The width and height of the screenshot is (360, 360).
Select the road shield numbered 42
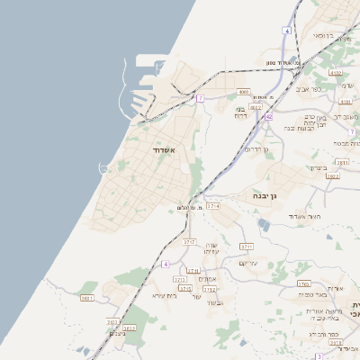pyautogui.click(x=268, y=116)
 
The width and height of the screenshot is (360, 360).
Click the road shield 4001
pyautogui.click(x=244, y=92)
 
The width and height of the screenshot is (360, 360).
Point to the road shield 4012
pyautogui.click(x=256, y=106)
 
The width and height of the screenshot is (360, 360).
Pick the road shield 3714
pyautogui.click(x=213, y=206)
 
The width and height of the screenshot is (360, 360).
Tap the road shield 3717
pyautogui.click(x=189, y=242)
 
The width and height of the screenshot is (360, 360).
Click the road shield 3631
pyautogui.click(x=87, y=298)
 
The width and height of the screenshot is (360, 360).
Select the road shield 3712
pyautogui.click(x=210, y=290)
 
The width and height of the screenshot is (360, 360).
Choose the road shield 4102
pyautogui.click(x=336, y=73)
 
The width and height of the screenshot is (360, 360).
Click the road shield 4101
pyautogui.click(x=346, y=102)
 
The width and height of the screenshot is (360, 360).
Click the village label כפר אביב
pyautogui.click(x=319, y=89)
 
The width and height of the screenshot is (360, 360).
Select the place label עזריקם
pyautogui.click(x=249, y=262)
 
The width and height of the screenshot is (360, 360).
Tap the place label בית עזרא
pyautogui.click(x=166, y=295)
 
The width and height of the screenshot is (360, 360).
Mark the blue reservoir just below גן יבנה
pyautogui.click(x=264, y=224)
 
